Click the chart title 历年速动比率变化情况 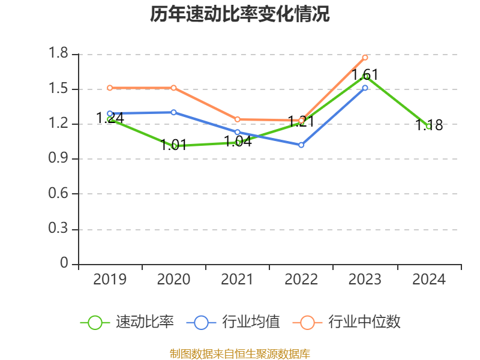(240, 14)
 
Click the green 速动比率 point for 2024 (428, 126)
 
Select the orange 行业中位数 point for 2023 (365, 58)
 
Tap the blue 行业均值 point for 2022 (301, 145)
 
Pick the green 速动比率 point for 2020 (174, 146)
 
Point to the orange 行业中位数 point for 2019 (110, 88)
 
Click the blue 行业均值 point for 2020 (173, 112)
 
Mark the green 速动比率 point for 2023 (365, 76)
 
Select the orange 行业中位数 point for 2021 (238, 119)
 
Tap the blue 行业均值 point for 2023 (365, 88)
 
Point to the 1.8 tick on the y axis (60, 54)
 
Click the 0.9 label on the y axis (60, 159)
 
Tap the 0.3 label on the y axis (60, 230)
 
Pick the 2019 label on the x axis (110, 280)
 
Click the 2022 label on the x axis (301, 280)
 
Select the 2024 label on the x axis (429, 280)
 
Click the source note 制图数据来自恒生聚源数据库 (240, 353)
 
